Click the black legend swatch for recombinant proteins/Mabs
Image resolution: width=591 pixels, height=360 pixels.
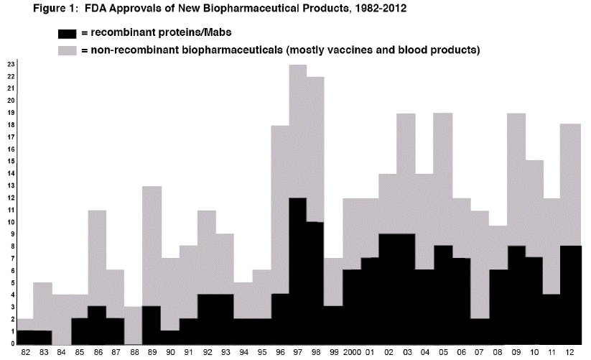(x=68, y=33)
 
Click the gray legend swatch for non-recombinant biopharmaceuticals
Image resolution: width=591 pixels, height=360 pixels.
(x=68, y=50)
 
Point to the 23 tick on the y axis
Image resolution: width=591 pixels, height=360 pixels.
(x=11, y=65)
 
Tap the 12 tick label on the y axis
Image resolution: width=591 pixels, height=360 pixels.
(x=11, y=198)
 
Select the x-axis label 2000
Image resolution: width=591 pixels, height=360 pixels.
(x=353, y=353)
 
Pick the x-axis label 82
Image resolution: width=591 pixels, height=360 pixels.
(x=25, y=353)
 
